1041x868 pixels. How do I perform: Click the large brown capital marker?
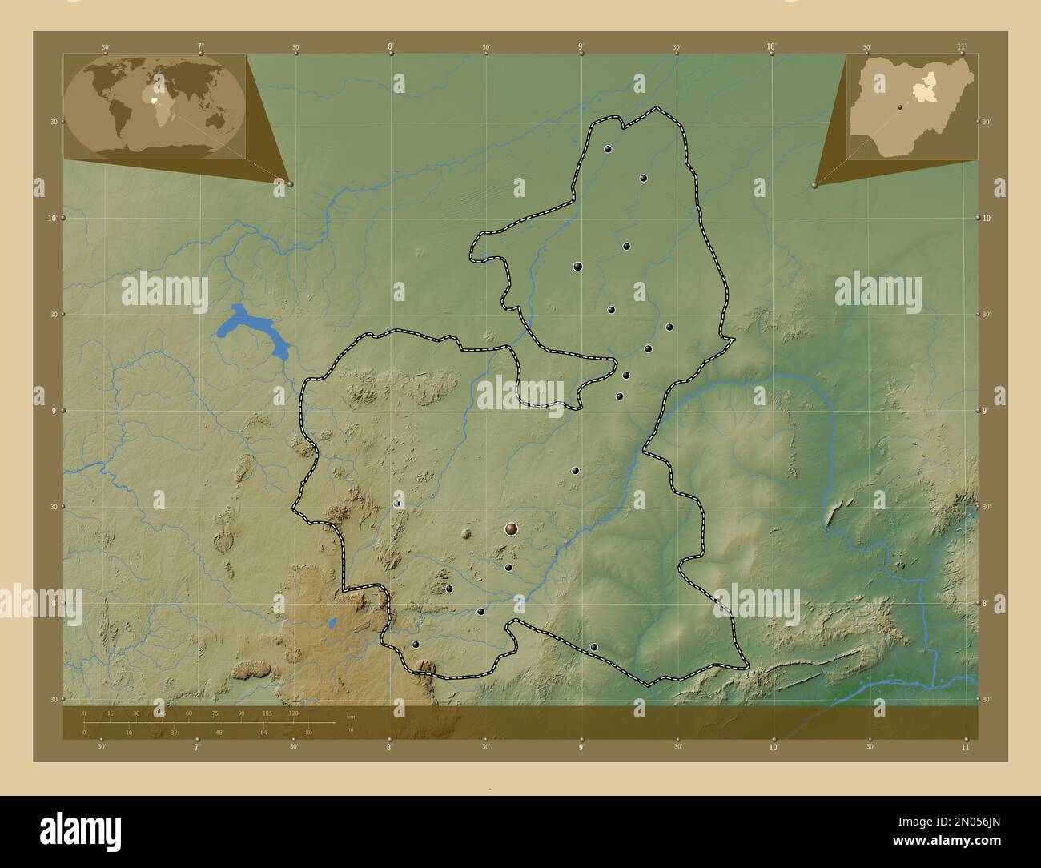pyautogui.click(x=512, y=529)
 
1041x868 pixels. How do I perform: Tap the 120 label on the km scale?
pyautogui.click(x=293, y=713)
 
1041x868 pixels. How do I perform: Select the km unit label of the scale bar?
pyautogui.click(x=350, y=715)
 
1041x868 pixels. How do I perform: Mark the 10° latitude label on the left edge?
pyautogui.click(x=49, y=218)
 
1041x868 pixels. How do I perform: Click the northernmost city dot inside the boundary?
pyautogui.click(x=609, y=149)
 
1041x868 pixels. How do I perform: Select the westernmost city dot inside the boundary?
pyautogui.click(x=397, y=504)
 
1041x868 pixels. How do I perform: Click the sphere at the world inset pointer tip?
pyautogui.click(x=289, y=184)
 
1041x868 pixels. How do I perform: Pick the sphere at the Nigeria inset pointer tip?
pyautogui.click(x=814, y=185)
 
